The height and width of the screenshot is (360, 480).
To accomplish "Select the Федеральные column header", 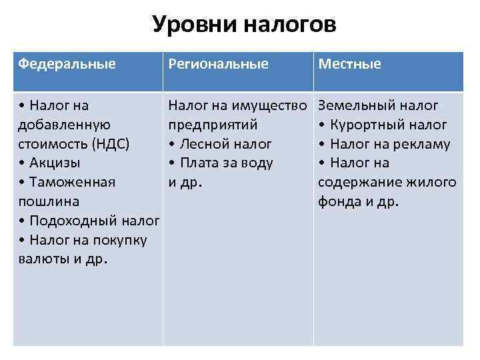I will click(x=67, y=64).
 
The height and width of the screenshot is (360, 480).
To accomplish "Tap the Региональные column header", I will click(x=219, y=64).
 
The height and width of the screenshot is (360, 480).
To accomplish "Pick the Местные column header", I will click(x=350, y=64).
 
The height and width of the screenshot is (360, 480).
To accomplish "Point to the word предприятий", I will click(x=213, y=125).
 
